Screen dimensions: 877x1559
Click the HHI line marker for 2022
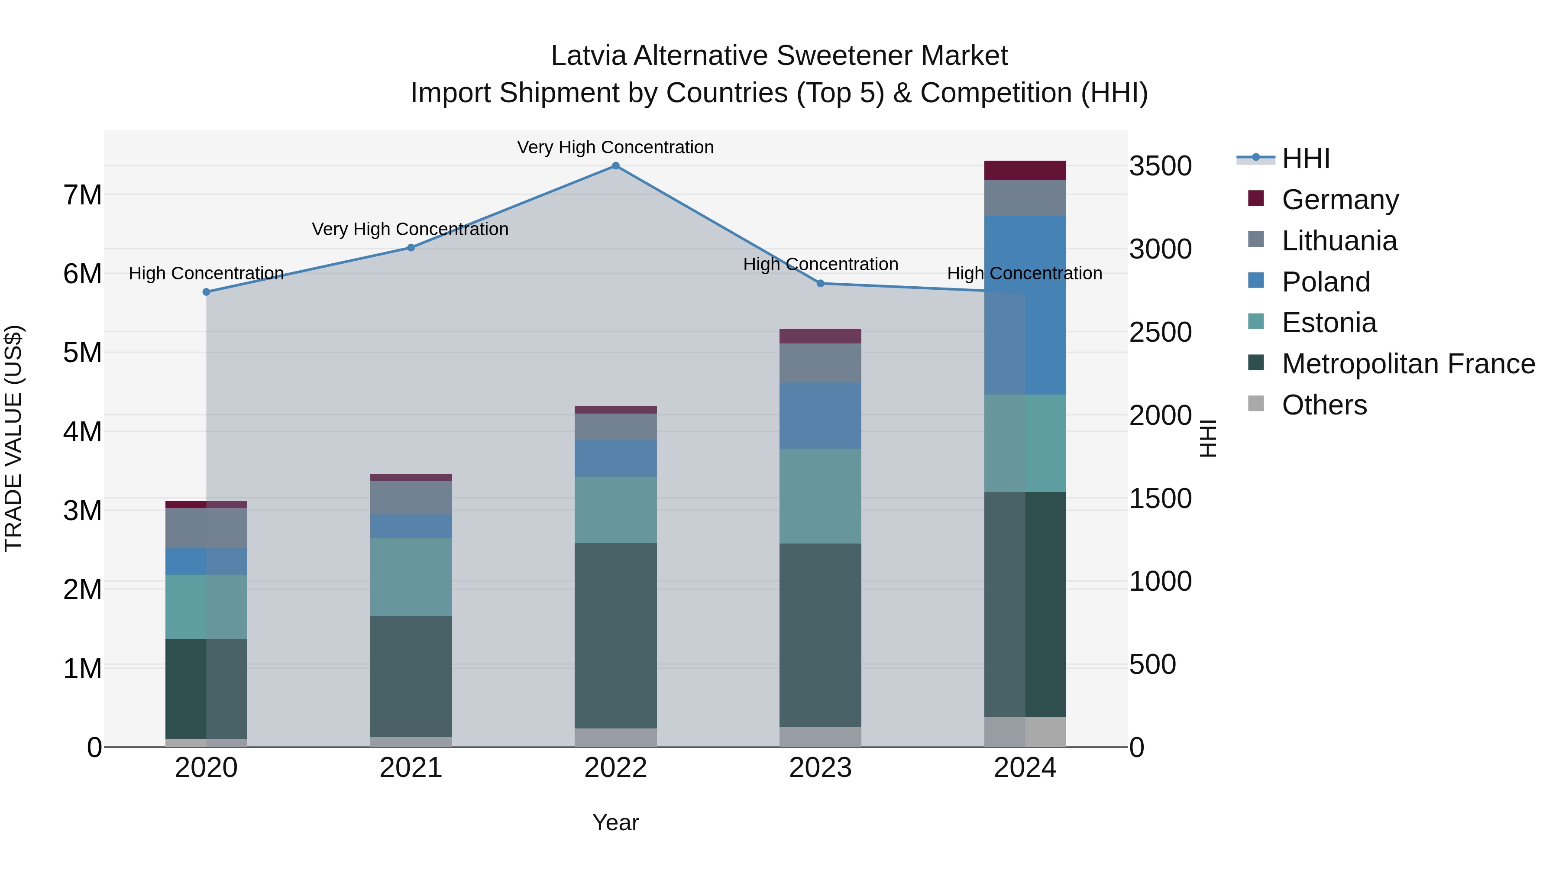click(x=615, y=166)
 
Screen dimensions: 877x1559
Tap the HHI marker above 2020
click(x=207, y=292)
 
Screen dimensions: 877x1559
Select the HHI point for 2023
click(x=821, y=283)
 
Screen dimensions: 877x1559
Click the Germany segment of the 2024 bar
click(x=1025, y=170)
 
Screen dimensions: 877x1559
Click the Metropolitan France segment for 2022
click(x=615, y=635)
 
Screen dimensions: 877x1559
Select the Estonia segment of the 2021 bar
click(x=411, y=577)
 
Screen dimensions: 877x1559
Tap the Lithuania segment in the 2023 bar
click(x=820, y=363)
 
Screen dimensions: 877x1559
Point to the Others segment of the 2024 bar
click(x=1025, y=732)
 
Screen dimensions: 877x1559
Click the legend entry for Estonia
click(x=1329, y=323)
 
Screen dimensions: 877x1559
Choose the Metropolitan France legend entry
click(x=1408, y=364)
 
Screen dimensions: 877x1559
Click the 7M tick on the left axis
click(x=82, y=195)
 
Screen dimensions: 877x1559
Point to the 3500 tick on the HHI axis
click(x=1160, y=166)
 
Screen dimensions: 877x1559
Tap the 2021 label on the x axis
click(x=411, y=768)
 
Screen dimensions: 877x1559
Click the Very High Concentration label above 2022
click(x=615, y=147)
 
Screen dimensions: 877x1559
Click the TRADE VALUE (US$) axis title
click(x=13, y=438)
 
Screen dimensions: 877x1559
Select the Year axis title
click(x=615, y=822)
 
